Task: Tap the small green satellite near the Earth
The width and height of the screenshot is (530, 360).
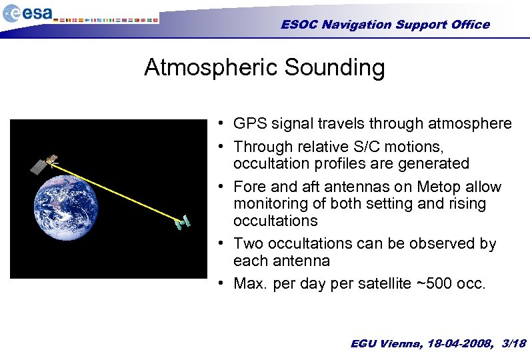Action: point(183,223)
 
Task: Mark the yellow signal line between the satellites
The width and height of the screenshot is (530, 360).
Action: point(113,191)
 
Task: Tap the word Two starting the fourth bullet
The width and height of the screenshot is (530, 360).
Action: point(249,243)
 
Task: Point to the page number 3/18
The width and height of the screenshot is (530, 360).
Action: point(513,343)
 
